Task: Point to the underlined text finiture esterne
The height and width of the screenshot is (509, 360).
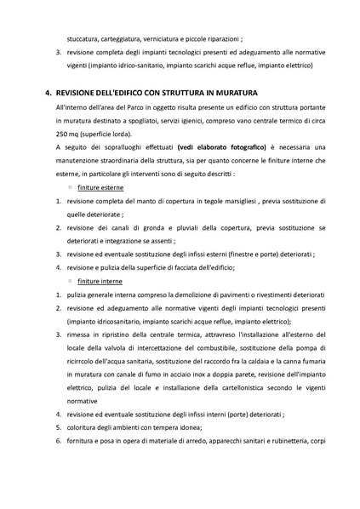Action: click(x=100, y=186)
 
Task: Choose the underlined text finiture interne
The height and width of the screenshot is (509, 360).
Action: click(x=100, y=280)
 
